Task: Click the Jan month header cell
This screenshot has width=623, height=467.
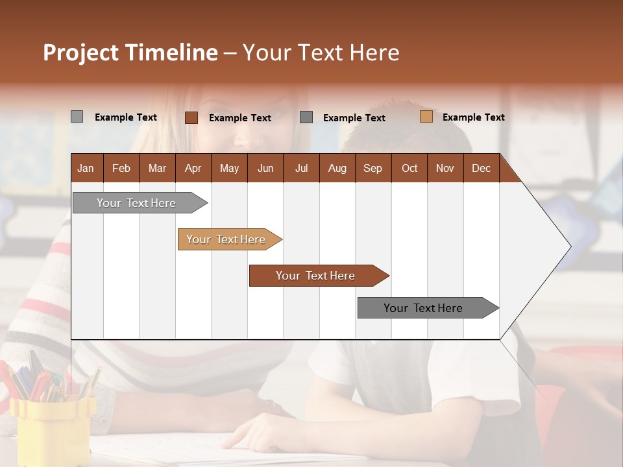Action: (86, 168)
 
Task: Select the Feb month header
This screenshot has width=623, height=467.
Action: (121, 168)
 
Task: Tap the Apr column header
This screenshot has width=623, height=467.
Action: (193, 168)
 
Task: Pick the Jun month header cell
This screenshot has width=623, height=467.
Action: (265, 168)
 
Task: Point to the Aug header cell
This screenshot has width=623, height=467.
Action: (337, 168)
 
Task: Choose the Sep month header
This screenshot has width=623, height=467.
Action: (373, 168)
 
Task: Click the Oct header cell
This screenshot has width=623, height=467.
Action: (409, 168)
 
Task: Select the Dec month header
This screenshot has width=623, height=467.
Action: (481, 168)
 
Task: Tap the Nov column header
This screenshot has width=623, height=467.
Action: (445, 168)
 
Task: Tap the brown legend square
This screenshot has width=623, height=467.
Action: (191, 117)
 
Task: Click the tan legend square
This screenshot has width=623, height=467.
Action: (426, 117)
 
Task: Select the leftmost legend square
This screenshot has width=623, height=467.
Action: (77, 117)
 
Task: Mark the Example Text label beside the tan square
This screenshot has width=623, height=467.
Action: (473, 117)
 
